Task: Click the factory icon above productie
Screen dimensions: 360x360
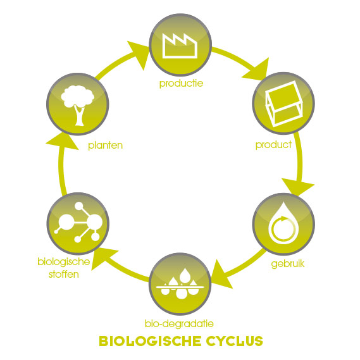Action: click(180, 46)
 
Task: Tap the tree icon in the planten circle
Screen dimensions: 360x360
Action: click(78, 105)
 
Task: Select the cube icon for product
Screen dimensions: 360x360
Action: click(283, 104)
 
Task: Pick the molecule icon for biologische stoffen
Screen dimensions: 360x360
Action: click(78, 222)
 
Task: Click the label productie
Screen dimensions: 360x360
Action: click(181, 84)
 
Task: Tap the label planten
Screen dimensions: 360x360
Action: click(106, 146)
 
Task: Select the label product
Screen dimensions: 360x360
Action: click(273, 145)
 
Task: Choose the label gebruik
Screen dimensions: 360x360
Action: click(288, 264)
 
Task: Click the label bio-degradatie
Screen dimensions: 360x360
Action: click(179, 324)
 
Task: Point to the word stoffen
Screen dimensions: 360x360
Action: click(64, 275)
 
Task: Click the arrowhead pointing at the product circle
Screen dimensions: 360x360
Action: click(257, 70)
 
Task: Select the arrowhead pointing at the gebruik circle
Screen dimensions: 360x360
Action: click(297, 187)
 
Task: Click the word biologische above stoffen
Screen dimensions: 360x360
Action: click(64, 262)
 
